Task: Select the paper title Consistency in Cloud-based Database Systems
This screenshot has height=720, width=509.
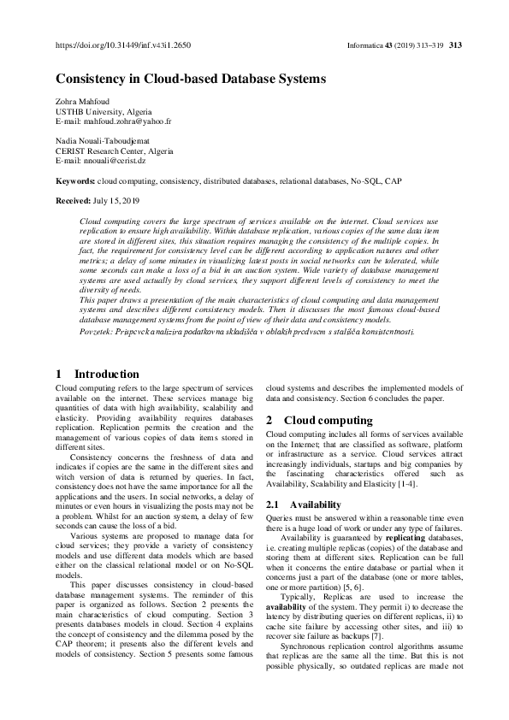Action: click(x=191, y=79)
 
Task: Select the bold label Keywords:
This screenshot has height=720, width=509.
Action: click(x=75, y=181)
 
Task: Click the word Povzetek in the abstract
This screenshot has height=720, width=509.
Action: click(x=97, y=330)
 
